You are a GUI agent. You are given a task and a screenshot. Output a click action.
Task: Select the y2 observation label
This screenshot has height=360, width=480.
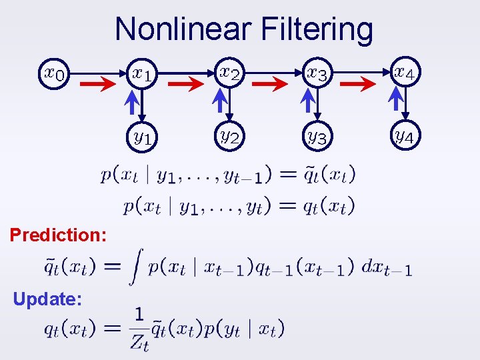coord(231,137)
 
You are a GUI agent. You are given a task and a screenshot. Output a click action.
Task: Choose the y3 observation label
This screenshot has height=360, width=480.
coord(317,137)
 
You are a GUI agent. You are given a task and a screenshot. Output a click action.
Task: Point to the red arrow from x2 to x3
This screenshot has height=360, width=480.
coord(270,84)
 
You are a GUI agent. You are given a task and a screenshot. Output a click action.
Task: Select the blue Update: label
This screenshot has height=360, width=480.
coord(47,299)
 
